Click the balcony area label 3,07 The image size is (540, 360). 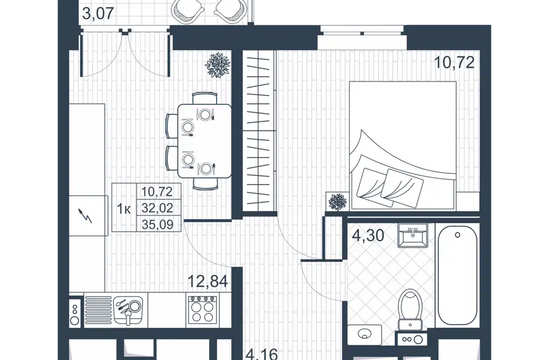[98, 13]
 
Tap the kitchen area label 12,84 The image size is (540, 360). [208, 281]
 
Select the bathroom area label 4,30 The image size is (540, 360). [368, 236]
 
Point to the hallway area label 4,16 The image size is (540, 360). [262, 354]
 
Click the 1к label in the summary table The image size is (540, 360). [124, 209]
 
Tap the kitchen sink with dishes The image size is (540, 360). [128, 310]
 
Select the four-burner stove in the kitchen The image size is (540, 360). [202, 310]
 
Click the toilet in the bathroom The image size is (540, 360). [410, 309]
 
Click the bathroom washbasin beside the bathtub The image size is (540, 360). [412, 235]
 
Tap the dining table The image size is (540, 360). [205, 141]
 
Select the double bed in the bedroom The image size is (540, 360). [403, 145]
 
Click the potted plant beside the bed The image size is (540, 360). [337, 201]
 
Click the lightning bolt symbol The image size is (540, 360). [85, 215]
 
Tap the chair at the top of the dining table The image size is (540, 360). [205, 98]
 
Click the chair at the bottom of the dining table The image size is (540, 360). [205, 183]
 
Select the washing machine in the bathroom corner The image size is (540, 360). [364, 334]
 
